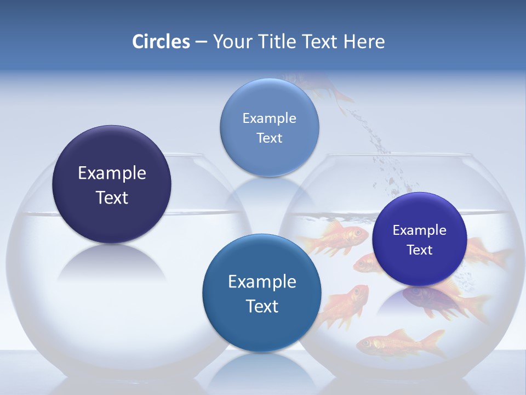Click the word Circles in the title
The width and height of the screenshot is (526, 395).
[x=161, y=42]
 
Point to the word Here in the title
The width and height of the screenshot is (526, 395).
[x=364, y=42]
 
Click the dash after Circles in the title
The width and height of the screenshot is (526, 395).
[x=201, y=42]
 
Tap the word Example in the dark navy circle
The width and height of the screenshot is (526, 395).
[x=112, y=173]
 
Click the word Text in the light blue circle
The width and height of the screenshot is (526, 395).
[x=269, y=138]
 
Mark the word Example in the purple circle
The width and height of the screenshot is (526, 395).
[x=419, y=230]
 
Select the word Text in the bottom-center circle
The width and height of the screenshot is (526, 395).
[x=262, y=306]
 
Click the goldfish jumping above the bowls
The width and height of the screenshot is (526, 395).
[x=323, y=87]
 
